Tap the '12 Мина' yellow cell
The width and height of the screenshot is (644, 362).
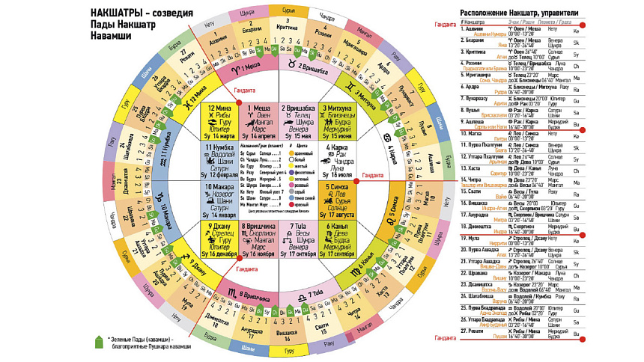click(219, 122)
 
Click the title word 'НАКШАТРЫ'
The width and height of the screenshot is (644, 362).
click(117, 13)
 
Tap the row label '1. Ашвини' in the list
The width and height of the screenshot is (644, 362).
click(473, 29)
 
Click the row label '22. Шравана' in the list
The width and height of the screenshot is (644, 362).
click(475, 271)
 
